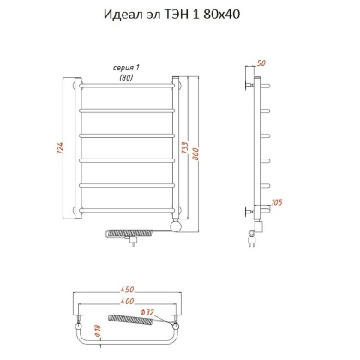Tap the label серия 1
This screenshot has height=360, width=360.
127,68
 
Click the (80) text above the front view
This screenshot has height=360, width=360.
127,77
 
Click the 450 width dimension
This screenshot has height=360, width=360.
126,288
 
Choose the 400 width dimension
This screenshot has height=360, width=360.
126,303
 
